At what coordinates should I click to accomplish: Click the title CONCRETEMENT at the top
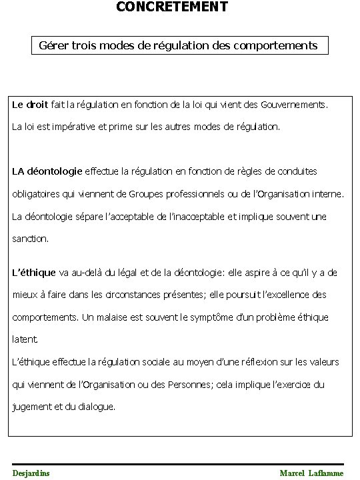tap(172, 7)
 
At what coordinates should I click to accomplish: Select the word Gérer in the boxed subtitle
tap(55, 46)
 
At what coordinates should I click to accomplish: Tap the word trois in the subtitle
tap(87, 46)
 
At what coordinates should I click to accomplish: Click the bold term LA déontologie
tap(47, 170)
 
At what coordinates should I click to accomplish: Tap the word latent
tap(23, 339)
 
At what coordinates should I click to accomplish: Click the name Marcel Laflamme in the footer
tap(312, 473)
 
